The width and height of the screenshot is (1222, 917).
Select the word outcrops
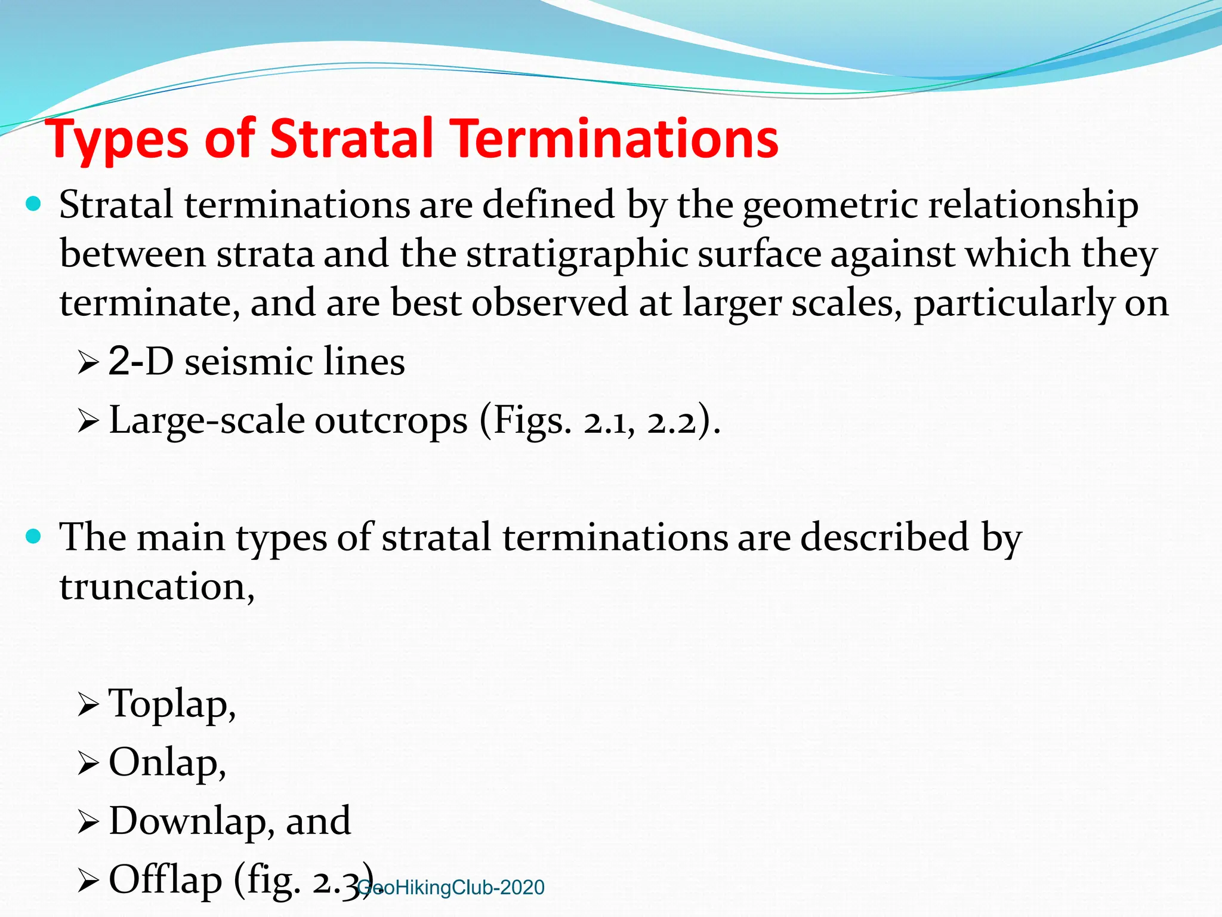pos(391,421)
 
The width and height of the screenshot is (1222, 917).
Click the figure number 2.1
pos(606,423)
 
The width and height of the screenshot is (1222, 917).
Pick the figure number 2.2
pos(672,423)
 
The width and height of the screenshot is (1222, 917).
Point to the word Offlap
pos(165,879)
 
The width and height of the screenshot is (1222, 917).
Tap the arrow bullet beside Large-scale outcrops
pos(88,422)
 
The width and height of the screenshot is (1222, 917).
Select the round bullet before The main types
pos(34,536)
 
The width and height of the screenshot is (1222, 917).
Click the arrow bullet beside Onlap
pos(88,764)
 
